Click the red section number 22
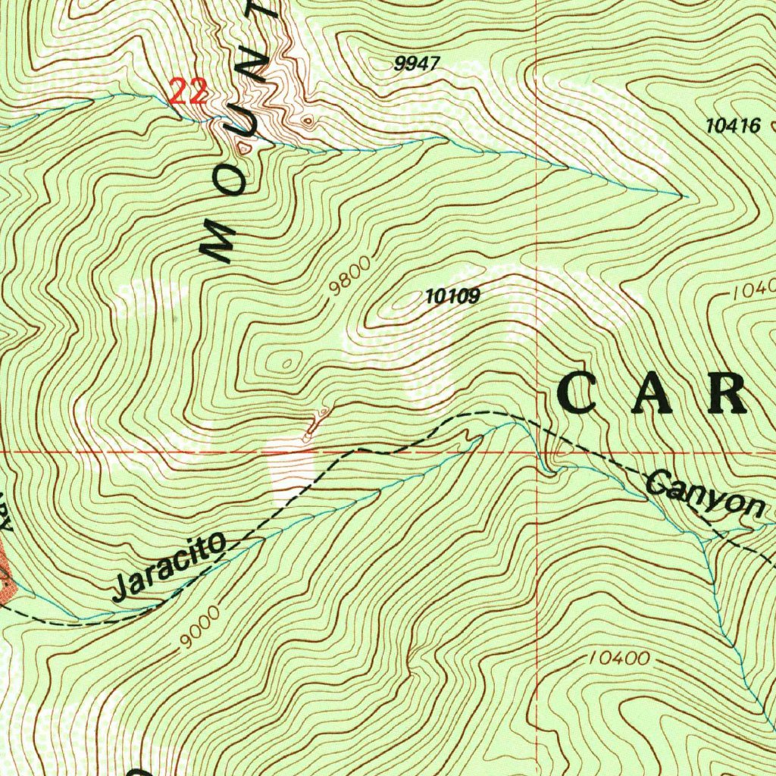coord(187,92)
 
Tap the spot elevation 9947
coord(417,64)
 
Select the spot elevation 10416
coord(733,127)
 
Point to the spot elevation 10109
coord(453,297)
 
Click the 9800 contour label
coord(350,277)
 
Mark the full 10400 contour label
coord(618,659)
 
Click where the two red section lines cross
coord(537,452)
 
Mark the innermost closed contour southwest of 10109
coord(286,364)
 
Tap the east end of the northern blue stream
coord(682,196)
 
